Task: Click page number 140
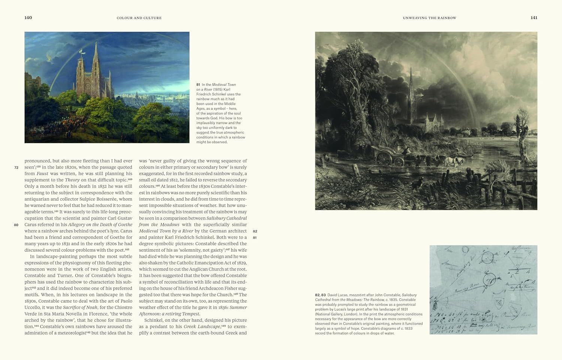pos(28,18)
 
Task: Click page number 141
pos(534,18)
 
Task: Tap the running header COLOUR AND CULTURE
pos(139,18)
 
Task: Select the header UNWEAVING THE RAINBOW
pos(429,18)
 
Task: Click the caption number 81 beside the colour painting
pos(198,85)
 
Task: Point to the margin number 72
pos(16,167)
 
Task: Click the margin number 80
pos(16,225)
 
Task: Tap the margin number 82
pos(255,231)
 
